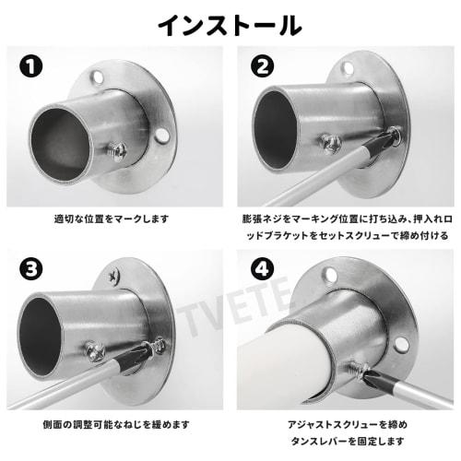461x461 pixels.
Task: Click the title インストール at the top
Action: [x=230, y=23]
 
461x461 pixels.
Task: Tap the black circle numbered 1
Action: [x=32, y=68]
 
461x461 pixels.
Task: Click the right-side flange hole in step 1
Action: [x=162, y=136]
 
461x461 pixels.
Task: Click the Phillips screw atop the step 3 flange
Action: [x=113, y=274]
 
